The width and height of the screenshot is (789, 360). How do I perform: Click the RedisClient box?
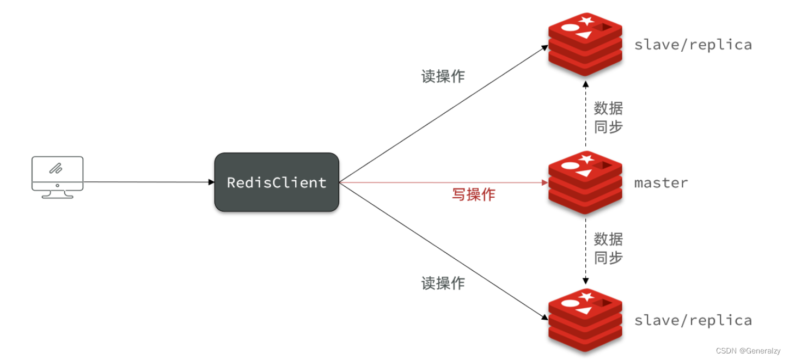click(277, 182)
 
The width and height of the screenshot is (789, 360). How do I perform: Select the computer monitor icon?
click(57, 176)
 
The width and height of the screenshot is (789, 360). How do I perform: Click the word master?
click(661, 183)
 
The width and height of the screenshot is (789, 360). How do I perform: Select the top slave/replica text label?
click(693, 45)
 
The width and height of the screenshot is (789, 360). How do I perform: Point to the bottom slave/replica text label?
click(693, 320)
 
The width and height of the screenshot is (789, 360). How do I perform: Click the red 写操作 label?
click(473, 194)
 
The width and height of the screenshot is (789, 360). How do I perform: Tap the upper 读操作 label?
click(443, 77)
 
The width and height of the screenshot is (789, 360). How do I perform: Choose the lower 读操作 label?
click(443, 283)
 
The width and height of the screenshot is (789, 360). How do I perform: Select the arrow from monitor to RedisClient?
click(147, 182)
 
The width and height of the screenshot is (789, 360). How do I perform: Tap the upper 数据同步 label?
click(608, 117)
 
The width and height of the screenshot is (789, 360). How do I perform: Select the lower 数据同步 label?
click(608, 248)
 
